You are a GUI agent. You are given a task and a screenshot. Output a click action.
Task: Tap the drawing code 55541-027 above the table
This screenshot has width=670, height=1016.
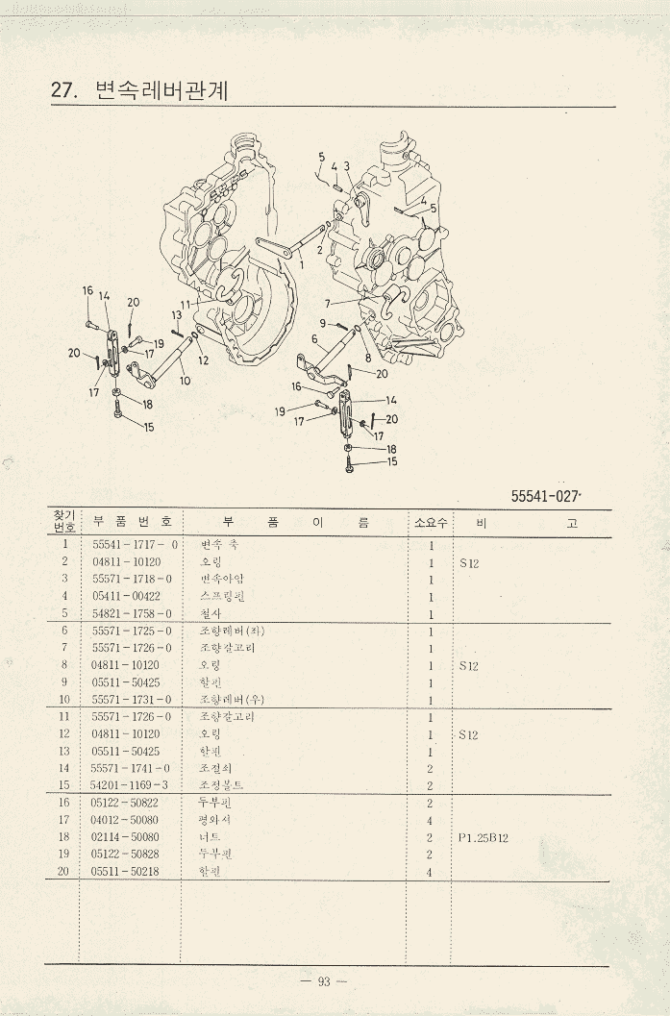point(547,496)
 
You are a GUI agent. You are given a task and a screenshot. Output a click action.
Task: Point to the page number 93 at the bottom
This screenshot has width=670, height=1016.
point(324,981)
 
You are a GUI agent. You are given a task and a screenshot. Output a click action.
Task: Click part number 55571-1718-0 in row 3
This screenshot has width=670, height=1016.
point(132,579)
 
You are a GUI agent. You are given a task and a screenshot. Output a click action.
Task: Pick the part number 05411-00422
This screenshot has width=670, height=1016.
point(126,596)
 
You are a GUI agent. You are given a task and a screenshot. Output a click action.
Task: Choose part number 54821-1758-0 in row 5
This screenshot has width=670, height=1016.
point(132,613)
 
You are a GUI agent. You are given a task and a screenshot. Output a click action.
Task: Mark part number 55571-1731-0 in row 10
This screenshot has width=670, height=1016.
point(132,699)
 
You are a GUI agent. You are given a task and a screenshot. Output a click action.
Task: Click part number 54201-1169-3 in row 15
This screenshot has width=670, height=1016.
point(132,785)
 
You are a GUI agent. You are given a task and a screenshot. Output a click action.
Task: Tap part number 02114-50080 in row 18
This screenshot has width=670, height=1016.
point(126,837)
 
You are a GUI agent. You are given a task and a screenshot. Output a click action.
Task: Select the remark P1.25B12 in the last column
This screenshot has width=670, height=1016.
point(484,837)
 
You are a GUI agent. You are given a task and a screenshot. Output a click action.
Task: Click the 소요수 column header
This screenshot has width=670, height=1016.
point(430,522)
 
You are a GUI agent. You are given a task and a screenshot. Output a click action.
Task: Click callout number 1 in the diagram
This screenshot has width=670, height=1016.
point(301,263)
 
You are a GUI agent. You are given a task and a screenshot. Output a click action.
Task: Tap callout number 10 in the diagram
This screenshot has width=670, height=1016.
point(184,381)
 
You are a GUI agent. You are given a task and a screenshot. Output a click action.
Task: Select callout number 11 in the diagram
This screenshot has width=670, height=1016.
point(185,305)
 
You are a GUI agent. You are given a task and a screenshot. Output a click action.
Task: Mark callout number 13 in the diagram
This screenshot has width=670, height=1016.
point(177,314)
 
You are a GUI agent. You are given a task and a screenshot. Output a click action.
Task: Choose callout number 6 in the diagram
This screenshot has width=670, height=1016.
point(313,338)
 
